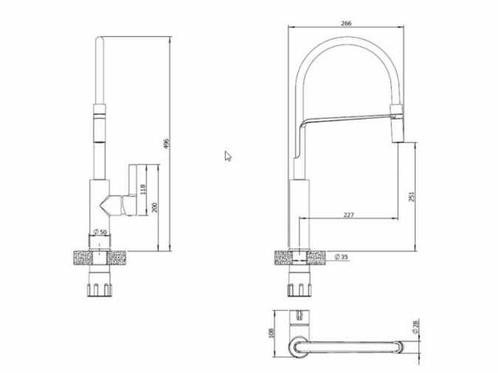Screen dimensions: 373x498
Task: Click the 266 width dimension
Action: [346, 23]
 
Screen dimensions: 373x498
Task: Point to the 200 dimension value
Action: [154, 208]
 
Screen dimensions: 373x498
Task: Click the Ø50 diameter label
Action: [100, 232]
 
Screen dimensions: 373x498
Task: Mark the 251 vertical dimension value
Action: [412, 196]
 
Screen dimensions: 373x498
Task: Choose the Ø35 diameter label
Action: [341, 256]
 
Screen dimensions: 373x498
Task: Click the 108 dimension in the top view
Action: [271, 332]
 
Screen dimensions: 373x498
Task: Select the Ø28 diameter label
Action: [414, 327]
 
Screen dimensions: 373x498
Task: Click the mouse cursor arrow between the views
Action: [228, 156]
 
